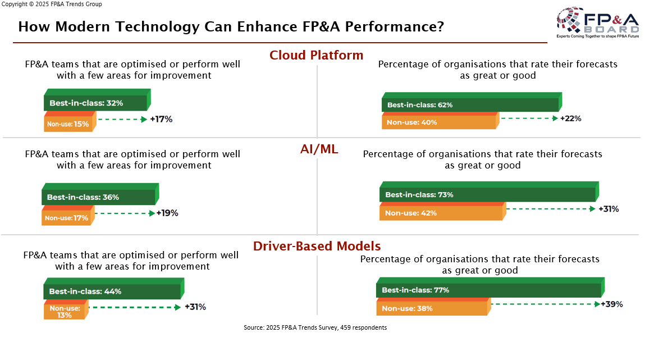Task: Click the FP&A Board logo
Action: tap(597, 23)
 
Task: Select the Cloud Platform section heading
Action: tap(316, 55)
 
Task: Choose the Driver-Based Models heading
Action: tap(317, 246)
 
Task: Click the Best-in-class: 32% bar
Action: tap(95, 103)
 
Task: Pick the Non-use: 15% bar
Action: tap(68, 124)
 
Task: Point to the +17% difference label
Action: tap(161, 119)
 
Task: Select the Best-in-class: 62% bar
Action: tap(470, 104)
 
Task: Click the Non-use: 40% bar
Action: tap(439, 122)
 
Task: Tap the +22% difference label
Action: tap(570, 119)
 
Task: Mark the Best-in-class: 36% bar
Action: tap(98, 197)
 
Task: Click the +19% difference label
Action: tap(167, 213)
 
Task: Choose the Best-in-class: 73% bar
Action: tap(487, 194)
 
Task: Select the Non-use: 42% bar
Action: tap(441, 213)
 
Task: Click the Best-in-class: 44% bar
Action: tap(112, 291)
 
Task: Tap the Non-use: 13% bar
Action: tap(65, 311)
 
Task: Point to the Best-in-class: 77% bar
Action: tap(488, 290)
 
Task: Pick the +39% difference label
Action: tap(611, 304)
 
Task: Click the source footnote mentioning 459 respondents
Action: tap(315, 327)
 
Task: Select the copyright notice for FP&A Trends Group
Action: tap(52, 4)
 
